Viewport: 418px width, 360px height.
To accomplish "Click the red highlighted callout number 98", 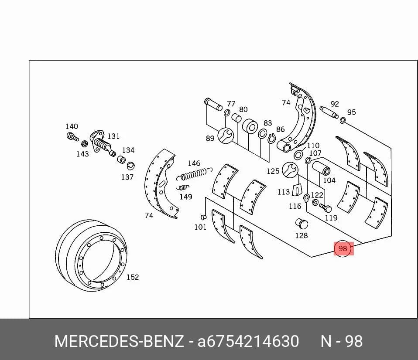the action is click(x=343, y=248).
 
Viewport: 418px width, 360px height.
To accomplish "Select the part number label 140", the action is click(x=72, y=126).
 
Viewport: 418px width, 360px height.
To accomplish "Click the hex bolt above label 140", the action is click(x=72, y=137).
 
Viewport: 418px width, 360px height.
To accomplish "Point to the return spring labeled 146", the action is click(x=194, y=174).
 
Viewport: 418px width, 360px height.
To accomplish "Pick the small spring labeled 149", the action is click(x=183, y=187).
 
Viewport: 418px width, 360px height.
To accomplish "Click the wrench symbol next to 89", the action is click(x=226, y=136).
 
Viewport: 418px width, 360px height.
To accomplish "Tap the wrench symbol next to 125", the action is click(x=290, y=170).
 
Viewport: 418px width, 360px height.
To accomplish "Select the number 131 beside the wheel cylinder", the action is click(x=113, y=136).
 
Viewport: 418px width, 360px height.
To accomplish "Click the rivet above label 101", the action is click(x=203, y=217).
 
